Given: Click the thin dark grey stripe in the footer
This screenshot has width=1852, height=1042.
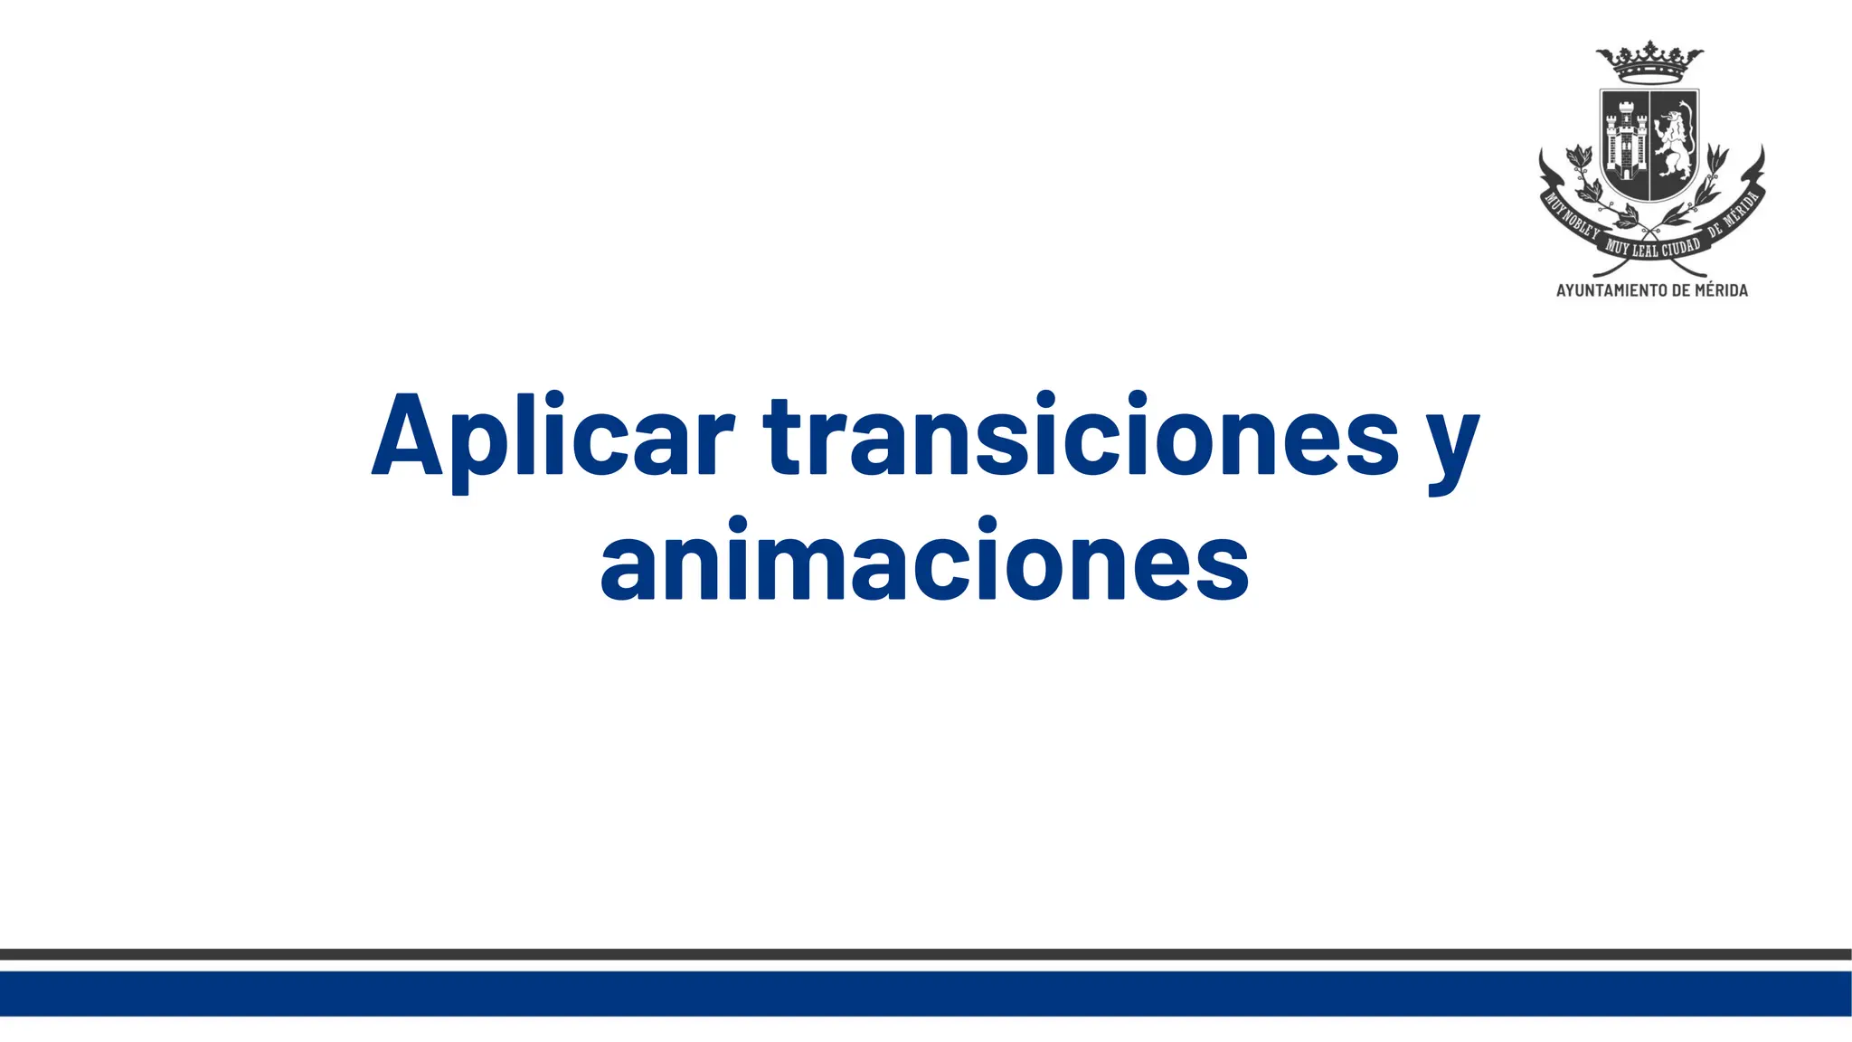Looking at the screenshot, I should pos(926,954).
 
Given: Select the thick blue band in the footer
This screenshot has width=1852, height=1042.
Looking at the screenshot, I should pos(926,993).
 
